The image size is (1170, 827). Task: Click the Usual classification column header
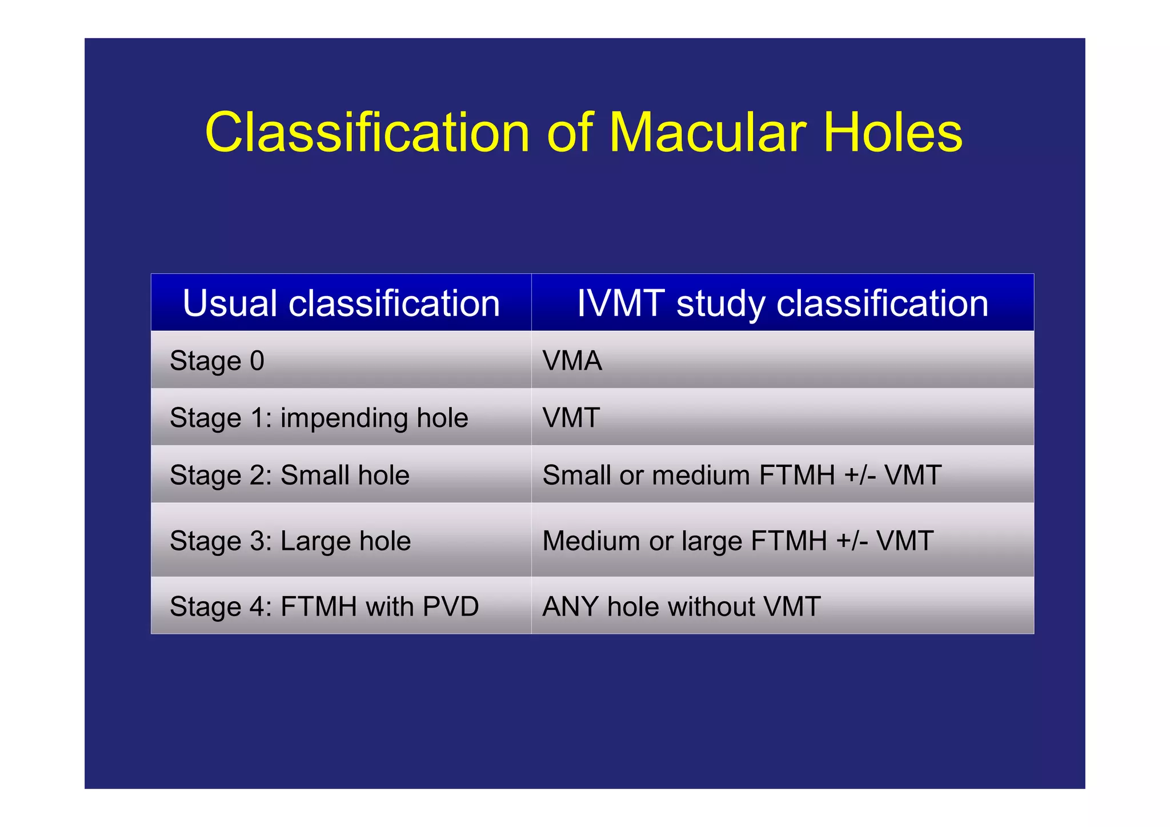[x=341, y=303]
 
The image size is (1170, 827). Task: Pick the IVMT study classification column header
[x=782, y=303]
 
